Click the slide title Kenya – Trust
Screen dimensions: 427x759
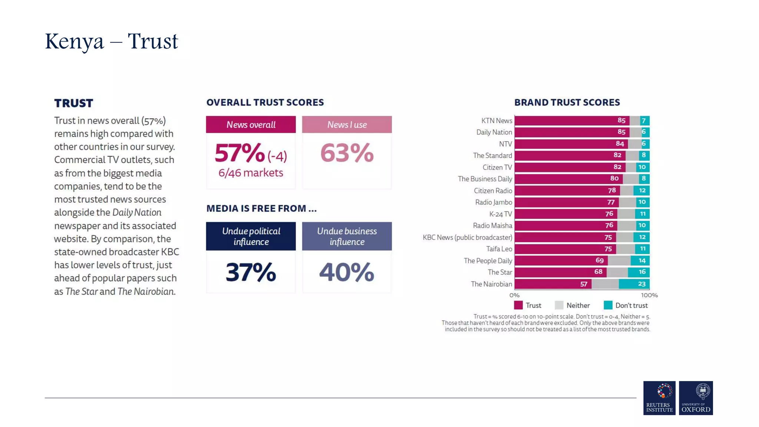pos(111,41)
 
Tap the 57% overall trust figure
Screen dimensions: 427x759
pos(240,153)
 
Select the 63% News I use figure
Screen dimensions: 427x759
pos(347,153)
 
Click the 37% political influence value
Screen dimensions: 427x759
pos(251,272)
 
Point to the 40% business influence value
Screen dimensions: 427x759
pos(347,272)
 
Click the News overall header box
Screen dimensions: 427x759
pos(251,125)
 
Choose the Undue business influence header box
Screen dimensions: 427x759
pos(347,236)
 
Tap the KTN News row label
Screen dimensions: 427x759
pos(497,120)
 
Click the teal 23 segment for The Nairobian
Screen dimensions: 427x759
pos(634,284)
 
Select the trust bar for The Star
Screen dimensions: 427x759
pos(560,272)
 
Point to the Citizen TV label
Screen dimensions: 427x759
pos(497,167)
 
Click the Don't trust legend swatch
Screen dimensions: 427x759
pos(608,305)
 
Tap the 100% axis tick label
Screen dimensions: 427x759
pos(649,295)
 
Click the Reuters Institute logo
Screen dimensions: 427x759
pos(659,398)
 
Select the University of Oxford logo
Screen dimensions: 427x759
pos(696,398)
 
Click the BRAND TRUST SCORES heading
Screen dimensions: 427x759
pos(567,102)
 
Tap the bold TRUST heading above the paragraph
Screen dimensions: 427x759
pos(74,103)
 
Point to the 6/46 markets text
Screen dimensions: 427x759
pos(251,173)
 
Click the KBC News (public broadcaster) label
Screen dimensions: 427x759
pos(467,237)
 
